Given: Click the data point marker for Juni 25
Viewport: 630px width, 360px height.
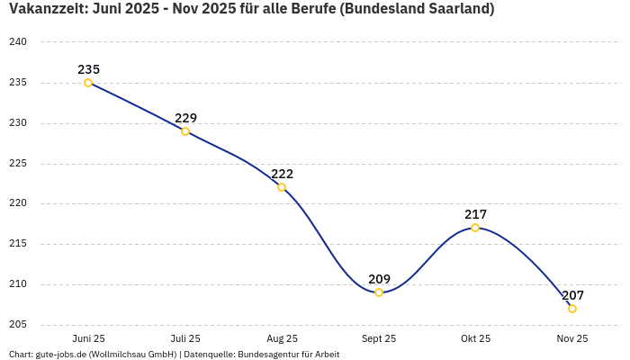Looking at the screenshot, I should pos(88,83).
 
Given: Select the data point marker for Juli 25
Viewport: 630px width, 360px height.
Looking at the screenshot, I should pos(185,131).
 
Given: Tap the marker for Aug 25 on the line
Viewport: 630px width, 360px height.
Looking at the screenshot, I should pos(282,187).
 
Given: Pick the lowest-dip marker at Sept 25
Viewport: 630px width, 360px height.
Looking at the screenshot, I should pos(379,292).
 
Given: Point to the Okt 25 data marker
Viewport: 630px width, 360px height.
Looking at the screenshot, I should pos(475,228).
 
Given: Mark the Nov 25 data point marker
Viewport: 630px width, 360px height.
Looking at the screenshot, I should pos(572,309).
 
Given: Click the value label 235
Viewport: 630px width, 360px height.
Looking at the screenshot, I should pos(88,69).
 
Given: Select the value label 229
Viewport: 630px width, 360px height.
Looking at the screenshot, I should pos(185,118).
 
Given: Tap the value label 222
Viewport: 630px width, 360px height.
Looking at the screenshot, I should pos(282,174).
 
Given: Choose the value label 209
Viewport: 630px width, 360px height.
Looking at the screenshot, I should pos(379,279).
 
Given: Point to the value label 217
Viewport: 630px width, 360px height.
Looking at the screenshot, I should pos(475,214).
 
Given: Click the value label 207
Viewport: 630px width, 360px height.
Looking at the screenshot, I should pos(572,295).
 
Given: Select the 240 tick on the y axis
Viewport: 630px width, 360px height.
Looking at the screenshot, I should pos(18,42).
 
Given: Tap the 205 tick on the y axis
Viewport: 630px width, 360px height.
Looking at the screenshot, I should pos(18,325).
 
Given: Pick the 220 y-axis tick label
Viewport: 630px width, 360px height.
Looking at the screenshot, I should pos(18,203).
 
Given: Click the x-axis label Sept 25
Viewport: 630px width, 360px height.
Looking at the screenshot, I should pos(379,338).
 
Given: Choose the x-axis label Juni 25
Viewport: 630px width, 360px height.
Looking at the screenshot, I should pos(88,338).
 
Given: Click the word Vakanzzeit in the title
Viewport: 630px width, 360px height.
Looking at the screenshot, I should pos(45,9).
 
